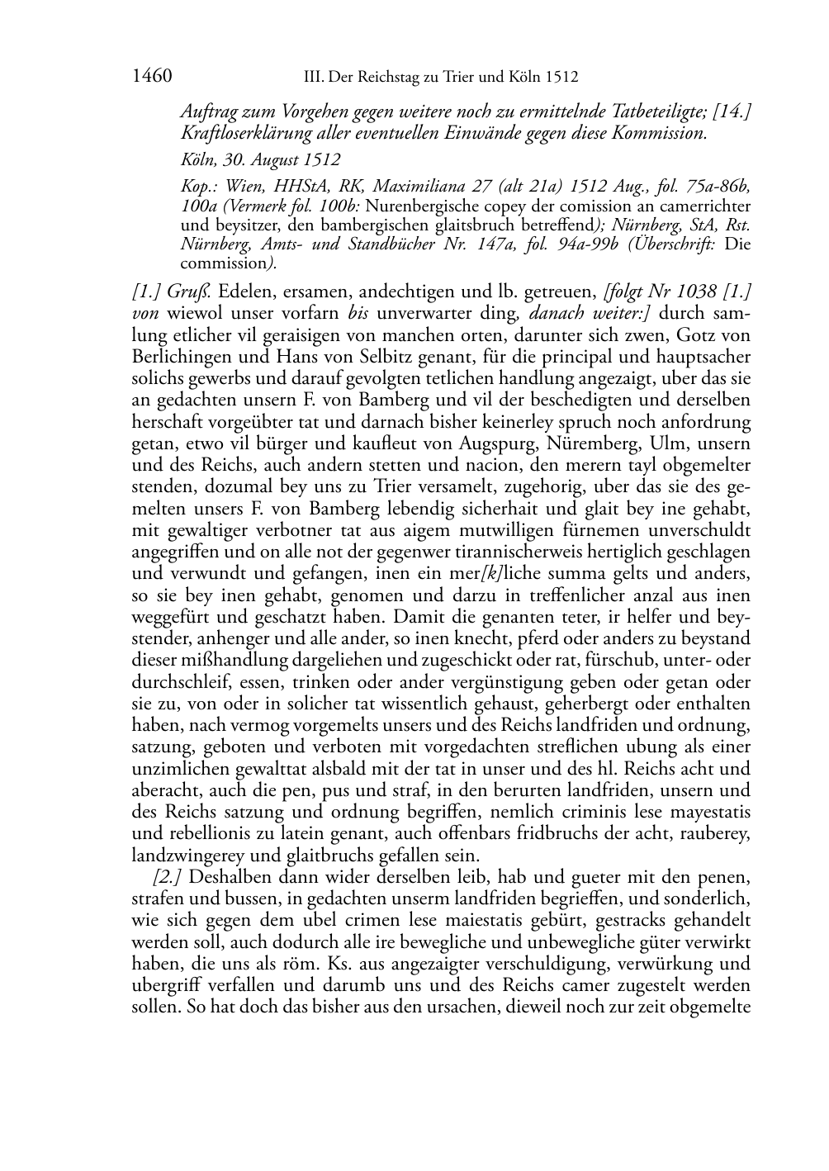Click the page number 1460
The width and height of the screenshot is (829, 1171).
coord(151,77)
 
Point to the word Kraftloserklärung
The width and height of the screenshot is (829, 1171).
coord(239,132)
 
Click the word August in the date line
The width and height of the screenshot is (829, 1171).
coord(276,159)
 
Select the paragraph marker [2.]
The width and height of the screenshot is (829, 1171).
coord(168,876)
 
